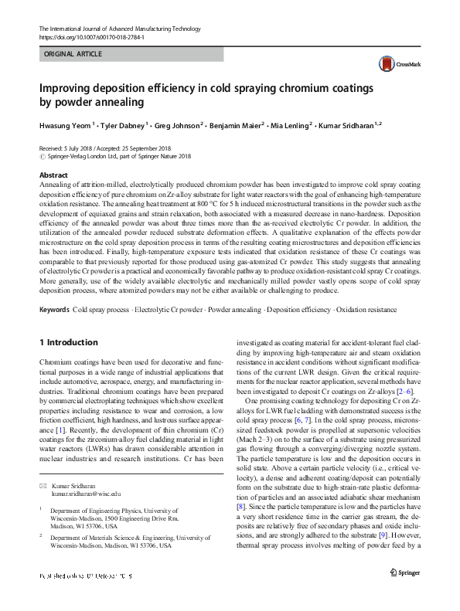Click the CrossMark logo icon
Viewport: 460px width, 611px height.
click(390, 66)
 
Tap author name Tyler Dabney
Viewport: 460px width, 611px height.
click(122, 124)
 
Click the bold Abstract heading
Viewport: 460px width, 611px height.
click(53, 175)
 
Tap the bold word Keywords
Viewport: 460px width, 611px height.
click(54, 331)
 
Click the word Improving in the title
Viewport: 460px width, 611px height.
click(66, 89)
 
